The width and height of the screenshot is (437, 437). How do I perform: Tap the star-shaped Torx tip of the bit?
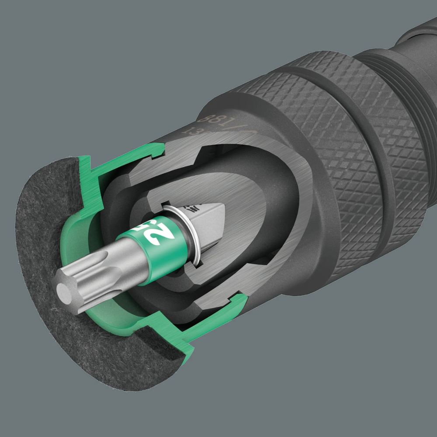[x=76, y=284]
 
